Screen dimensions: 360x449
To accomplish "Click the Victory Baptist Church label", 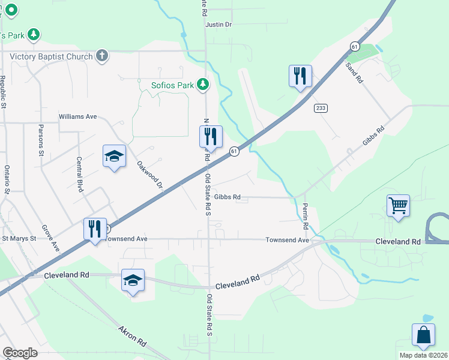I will point(52,56).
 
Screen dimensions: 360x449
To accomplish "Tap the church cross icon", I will point(102,56).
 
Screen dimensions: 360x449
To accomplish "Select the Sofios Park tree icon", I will point(203,85).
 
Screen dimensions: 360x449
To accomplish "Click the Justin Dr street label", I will point(218,25).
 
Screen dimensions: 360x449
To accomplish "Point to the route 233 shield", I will point(320,108).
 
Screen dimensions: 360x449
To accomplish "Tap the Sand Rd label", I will point(354,71).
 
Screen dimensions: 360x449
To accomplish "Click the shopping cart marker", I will point(398,206).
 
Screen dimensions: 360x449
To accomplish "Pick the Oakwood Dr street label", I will point(149,175).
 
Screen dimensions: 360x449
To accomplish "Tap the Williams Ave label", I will point(77,116).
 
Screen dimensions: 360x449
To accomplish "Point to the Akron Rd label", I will point(132,337).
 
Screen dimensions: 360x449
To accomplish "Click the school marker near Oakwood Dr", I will point(114,157).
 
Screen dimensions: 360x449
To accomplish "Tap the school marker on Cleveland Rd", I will point(133,280).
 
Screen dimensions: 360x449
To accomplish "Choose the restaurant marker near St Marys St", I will point(95,229).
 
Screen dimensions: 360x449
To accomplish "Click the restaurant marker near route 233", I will point(300,76).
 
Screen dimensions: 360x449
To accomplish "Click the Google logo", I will point(20,353).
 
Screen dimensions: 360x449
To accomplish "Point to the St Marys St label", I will point(19,238).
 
